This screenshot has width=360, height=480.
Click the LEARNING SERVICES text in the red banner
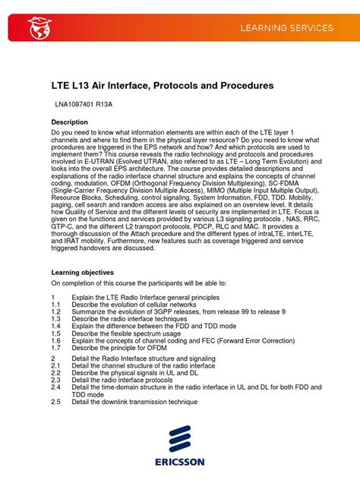(287, 28)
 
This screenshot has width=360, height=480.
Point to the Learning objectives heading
(83, 271)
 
